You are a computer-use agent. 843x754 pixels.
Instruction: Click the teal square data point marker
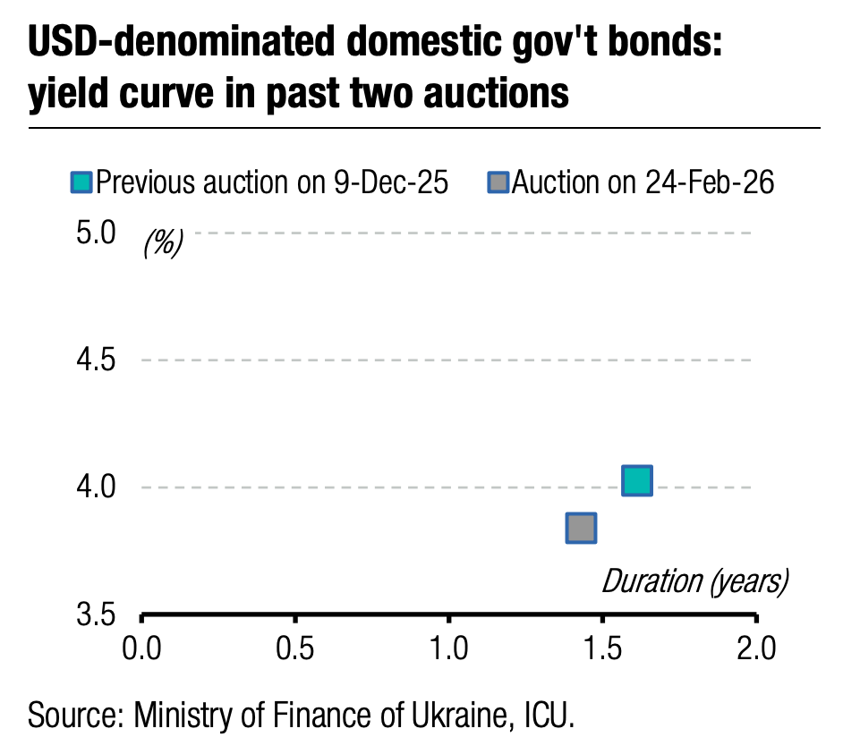coord(635,481)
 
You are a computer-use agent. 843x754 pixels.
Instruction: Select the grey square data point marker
coord(581,528)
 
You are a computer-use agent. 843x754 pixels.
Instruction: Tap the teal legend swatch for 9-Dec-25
coord(81,183)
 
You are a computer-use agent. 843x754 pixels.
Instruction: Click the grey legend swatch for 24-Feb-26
coord(498,183)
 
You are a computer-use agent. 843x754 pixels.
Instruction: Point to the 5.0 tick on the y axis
coord(97,233)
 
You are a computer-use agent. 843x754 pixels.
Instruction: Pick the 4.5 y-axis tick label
coord(97,360)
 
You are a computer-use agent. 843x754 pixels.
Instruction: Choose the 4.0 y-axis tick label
coord(97,488)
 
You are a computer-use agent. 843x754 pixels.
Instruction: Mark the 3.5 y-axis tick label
coord(97,616)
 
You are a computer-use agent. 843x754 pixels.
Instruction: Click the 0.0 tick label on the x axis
coord(141,648)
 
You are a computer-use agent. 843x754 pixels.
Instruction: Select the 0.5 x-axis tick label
coord(294,648)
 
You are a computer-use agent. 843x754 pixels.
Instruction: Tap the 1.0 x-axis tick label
coord(448,648)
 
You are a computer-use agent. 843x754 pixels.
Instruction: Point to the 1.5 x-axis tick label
coord(602,648)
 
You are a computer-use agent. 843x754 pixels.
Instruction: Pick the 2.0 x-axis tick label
coord(756,648)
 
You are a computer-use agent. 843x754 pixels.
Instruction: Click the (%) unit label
coord(163,242)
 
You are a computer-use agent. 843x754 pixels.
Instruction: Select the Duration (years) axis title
coord(694,581)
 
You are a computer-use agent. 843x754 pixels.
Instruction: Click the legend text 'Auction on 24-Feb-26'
coord(643,183)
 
